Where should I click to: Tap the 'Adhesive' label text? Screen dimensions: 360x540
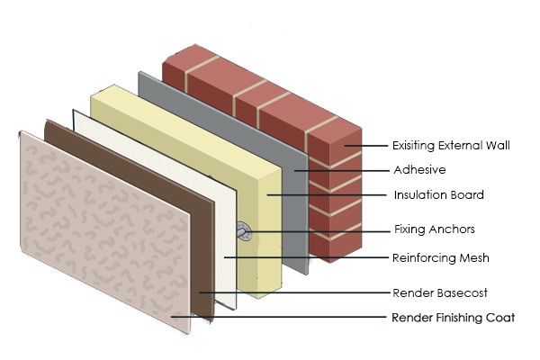(418, 169)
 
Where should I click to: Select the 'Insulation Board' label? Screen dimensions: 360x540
(438, 194)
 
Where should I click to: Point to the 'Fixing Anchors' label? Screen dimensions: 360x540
(433, 229)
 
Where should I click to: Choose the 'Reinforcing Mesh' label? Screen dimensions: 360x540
(440, 258)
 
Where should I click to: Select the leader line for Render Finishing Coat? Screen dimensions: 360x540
(279, 318)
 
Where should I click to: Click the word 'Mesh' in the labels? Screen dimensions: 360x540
(472, 258)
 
